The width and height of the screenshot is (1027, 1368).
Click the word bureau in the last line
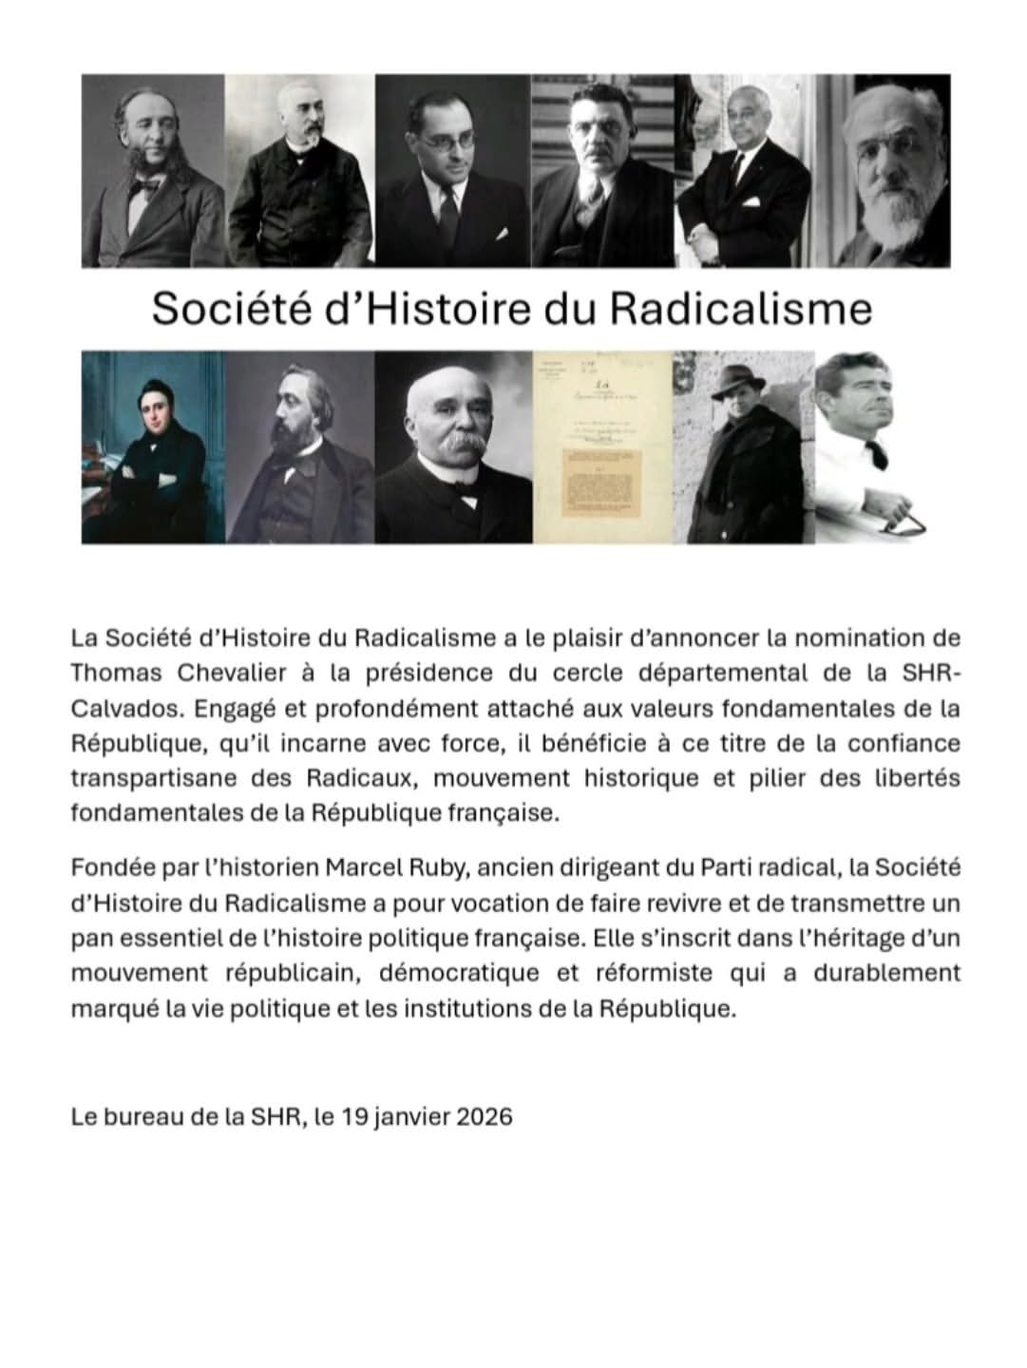pos(140,1116)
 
